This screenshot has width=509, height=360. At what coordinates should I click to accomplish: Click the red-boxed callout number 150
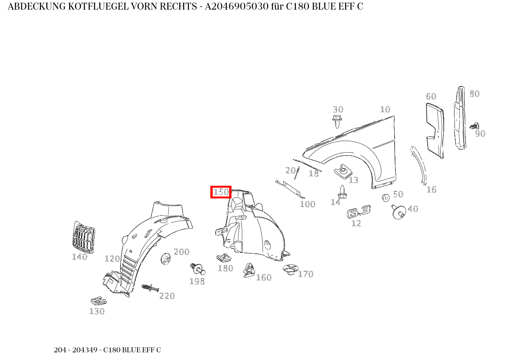click(221, 192)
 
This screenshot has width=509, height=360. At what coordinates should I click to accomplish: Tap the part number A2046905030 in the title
click(236, 7)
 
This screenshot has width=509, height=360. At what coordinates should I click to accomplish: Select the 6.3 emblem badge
click(359, 211)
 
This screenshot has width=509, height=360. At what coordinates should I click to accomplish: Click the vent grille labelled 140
click(84, 237)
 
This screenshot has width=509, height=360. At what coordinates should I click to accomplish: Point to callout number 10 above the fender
click(385, 110)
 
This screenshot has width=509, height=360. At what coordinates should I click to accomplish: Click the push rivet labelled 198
click(198, 269)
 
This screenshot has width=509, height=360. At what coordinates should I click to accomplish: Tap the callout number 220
click(167, 296)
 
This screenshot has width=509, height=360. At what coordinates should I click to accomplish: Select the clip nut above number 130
click(99, 301)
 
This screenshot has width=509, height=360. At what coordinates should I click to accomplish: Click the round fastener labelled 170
click(291, 269)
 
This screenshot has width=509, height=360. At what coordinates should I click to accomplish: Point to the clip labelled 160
click(249, 270)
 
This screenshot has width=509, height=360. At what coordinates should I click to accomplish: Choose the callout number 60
click(431, 97)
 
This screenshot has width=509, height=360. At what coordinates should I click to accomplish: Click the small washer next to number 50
click(386, 198)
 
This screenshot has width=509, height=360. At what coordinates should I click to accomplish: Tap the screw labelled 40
click(398, 212)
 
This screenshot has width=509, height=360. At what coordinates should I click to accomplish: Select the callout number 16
click(431, 190)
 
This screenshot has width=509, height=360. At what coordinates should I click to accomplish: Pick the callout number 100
click(308, 204)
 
